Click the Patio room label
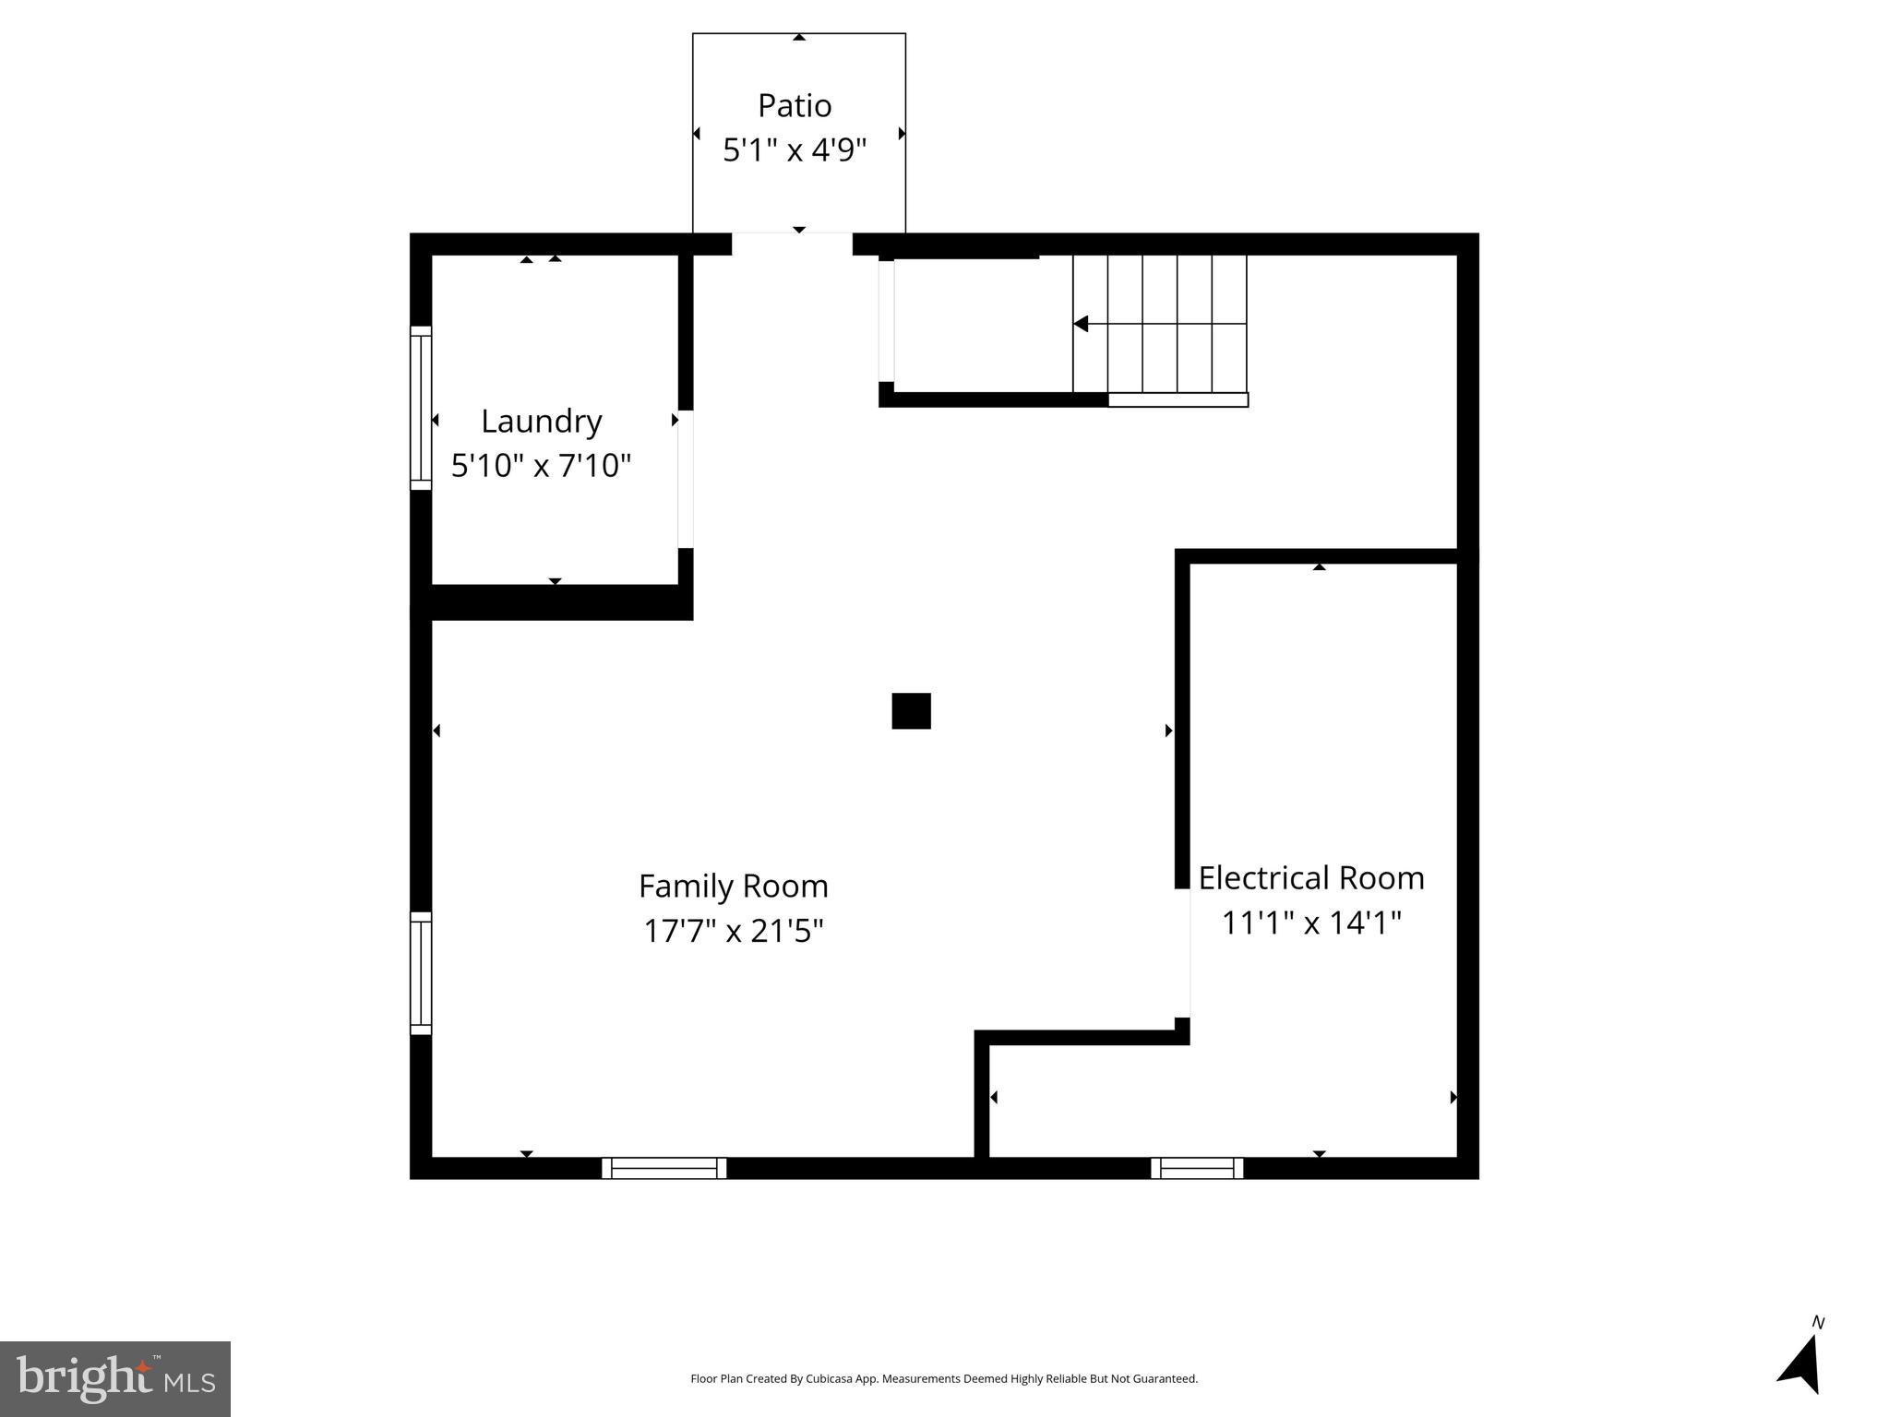pyautogui.click(x=795, y=106)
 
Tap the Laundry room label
pyautogui.click(x=541, y=422)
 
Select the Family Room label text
pyautogui.click(x=733, y=887)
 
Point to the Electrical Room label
pyautogui.click(x=1310, y=878)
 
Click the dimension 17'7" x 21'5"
pyautogui.click(x=733, y=931)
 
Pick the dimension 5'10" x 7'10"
pyautogui.click(x=541, y=466)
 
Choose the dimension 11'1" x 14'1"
pyautogui.click(x=1310, y=923)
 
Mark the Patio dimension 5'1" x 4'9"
pyautogui.click(x=795, y=150)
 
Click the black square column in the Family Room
pyautogui.click(x=911, y=711)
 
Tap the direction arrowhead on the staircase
pyautogui.click(x=1081, y=324)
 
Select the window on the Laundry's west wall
pyautogui.click(x=421, y=408)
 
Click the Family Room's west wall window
pyautogui.click(x=421, y=973)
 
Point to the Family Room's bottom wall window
pyautogui.click(x=664, y=1168)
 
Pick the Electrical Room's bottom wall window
pyautogui.click(x=1197, y=1168)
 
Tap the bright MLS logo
pyautogui.click(x=115, y=1378)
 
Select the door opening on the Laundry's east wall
pyautogui.click(x=686, y=479)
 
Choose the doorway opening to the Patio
pyautogui.click(x=792, y=244)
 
